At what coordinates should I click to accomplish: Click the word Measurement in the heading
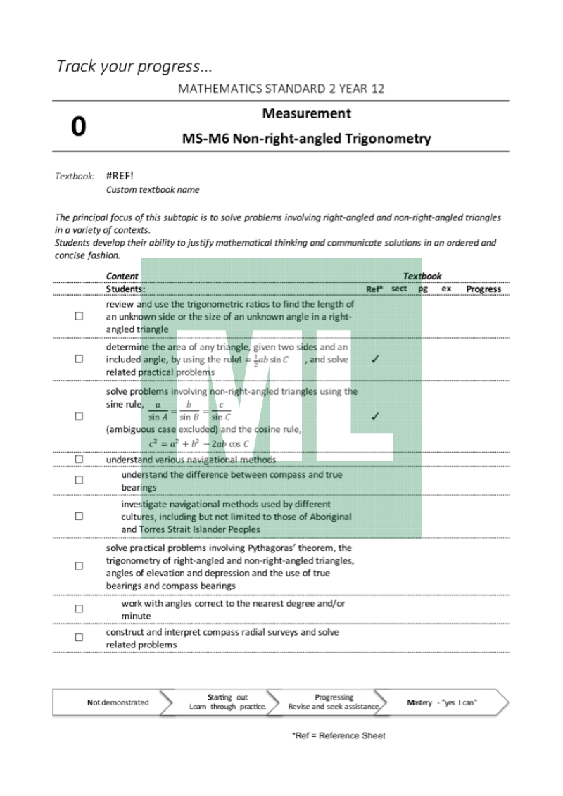306,113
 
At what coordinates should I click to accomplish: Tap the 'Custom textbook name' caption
152,189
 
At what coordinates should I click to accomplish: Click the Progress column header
483,289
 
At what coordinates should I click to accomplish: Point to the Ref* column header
374,289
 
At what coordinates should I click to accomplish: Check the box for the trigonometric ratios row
79,317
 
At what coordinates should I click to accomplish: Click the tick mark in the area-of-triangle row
374,359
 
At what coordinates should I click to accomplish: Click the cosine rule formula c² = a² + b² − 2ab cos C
199,443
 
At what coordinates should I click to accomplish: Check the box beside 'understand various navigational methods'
79,460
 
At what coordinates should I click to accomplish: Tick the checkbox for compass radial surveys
79,638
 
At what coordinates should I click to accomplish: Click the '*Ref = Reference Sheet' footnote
339,736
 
